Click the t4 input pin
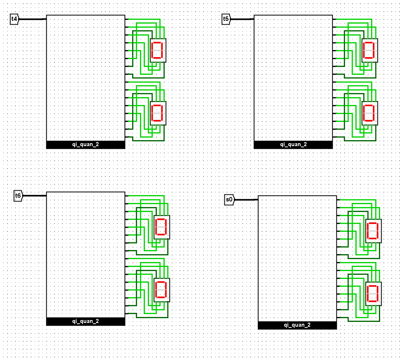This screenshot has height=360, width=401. [x=15, y=19]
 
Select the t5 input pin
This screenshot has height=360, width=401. [x=226, y=19]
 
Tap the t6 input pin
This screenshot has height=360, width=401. [x=18, y=196]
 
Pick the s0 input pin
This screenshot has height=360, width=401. [x=229, y=200]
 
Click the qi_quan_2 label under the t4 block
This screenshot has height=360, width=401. [x=86, y=144]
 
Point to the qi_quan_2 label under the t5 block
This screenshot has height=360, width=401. [x=293, y=144]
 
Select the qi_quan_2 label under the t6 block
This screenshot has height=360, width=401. [x=86, y=321]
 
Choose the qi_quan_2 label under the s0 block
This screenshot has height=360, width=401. [x=297, y=325]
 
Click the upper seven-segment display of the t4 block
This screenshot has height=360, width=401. [x=158, y=50]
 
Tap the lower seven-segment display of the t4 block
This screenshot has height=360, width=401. [x=158, y=113]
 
